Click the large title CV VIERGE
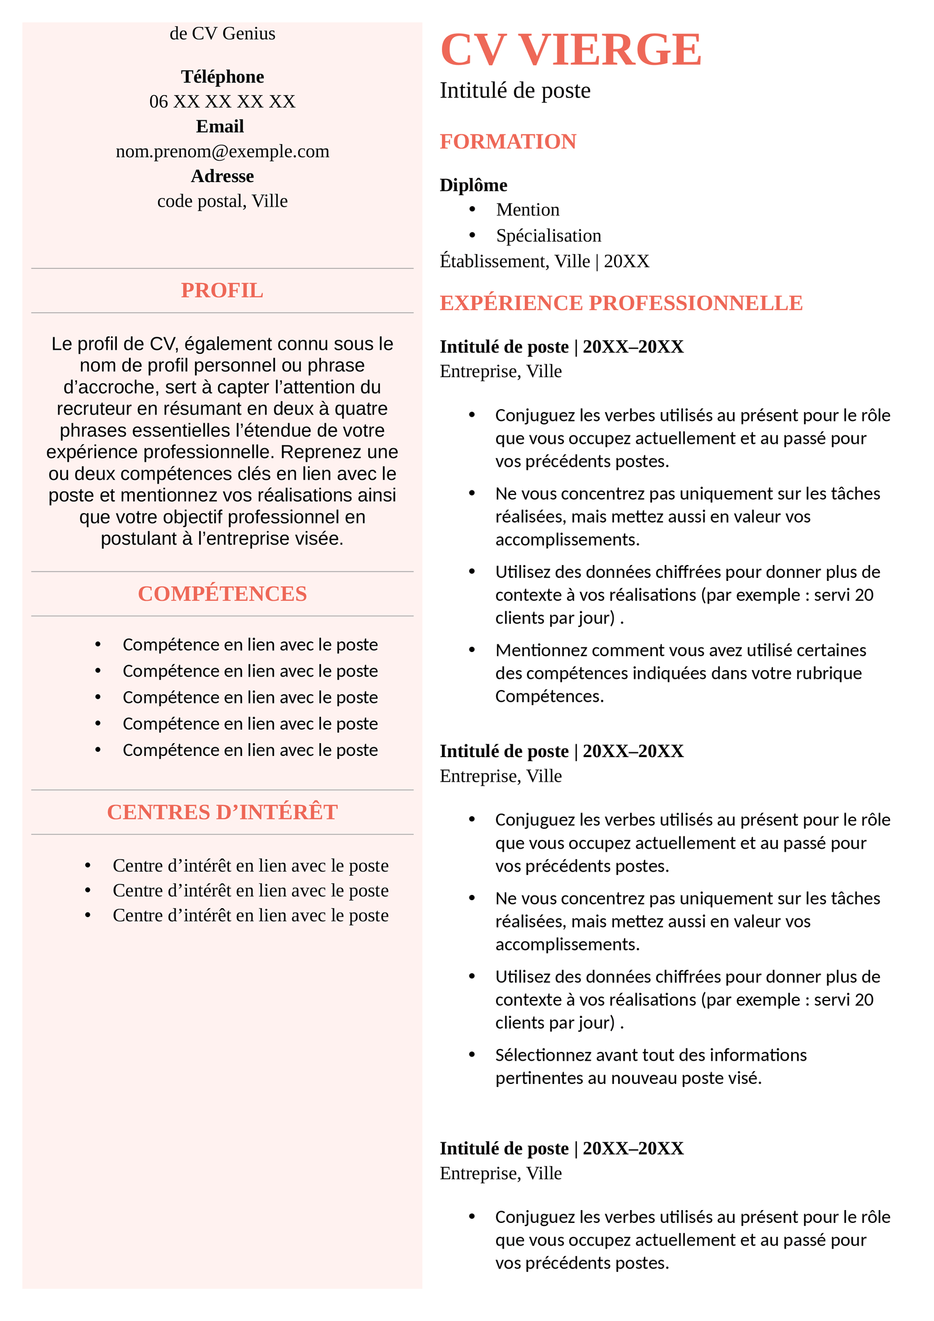tap(570, 50)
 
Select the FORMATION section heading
tap(507, 141)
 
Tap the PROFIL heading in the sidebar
tap(222, 290)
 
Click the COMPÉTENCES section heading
tap(222, 594)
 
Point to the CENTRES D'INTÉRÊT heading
tap(222, 812)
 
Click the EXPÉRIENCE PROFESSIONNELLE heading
tap(621, 303)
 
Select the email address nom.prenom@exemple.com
tap(222, 151)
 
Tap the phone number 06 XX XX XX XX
tap(222, 102)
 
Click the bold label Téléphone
tap(222, 76)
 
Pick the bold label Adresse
tap(222, 176)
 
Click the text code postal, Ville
tap(222, 201)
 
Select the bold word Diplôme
tap(473, 185)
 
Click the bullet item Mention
tap(527, 210)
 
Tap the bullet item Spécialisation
tap(548, 235)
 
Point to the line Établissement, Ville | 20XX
tap(544, 261)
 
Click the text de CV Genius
tap(222, 34)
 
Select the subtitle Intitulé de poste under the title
tap(514, 90)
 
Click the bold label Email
tap(219, 126)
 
